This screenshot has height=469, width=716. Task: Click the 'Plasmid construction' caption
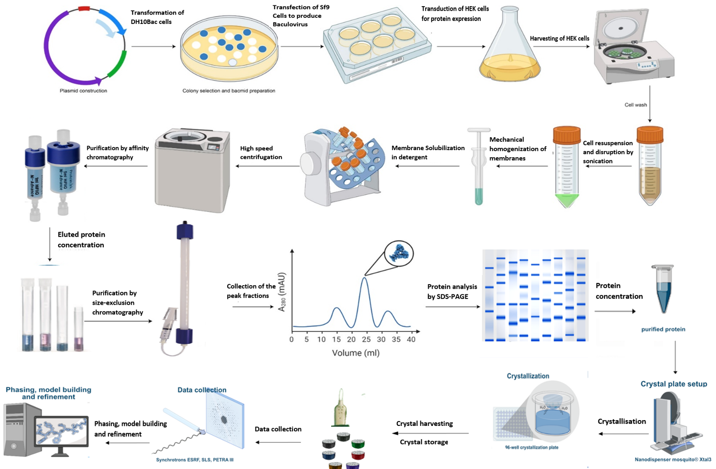coord(83,91)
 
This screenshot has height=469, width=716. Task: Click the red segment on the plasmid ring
coord(84,8)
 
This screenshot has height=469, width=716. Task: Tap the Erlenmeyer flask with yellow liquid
coord(510,53)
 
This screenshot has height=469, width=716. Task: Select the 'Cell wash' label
coord(636,105)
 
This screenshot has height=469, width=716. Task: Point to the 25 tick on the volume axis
coord(366,339)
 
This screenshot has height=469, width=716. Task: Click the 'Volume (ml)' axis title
coord(356,353)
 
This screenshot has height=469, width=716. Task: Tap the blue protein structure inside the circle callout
coord(398,254)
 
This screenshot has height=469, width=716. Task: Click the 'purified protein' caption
coord(663,329)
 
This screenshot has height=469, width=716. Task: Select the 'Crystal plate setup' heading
coord(673,384)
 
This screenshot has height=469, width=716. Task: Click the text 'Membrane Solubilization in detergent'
coord(428,152)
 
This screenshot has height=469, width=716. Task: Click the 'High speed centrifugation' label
coord(261,152)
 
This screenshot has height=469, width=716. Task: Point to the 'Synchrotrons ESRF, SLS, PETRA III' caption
coord(194,460)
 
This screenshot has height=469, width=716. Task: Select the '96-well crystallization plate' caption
coord(531,447)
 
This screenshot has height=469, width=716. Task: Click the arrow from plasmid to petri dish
coord(153,46)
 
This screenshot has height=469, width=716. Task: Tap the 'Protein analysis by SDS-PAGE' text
coord(452,291)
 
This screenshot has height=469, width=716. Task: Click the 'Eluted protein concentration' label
coord(81,239)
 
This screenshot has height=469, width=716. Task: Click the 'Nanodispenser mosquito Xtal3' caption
coord(672,459)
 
